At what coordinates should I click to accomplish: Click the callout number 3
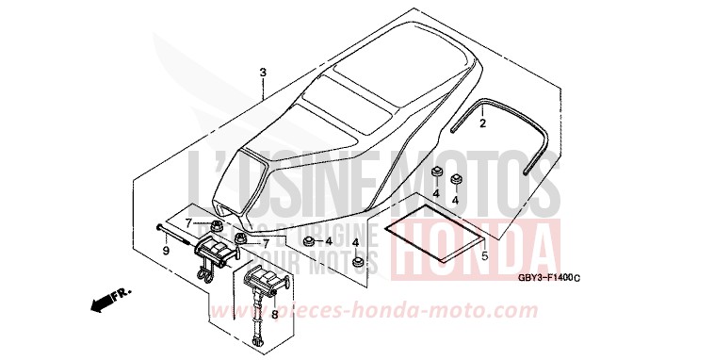[x=263, y=72]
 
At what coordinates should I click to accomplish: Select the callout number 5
[x=483, y=255]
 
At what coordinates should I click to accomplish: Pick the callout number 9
[x=166, y=251]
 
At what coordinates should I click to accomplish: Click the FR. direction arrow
[x=108, y=301]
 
